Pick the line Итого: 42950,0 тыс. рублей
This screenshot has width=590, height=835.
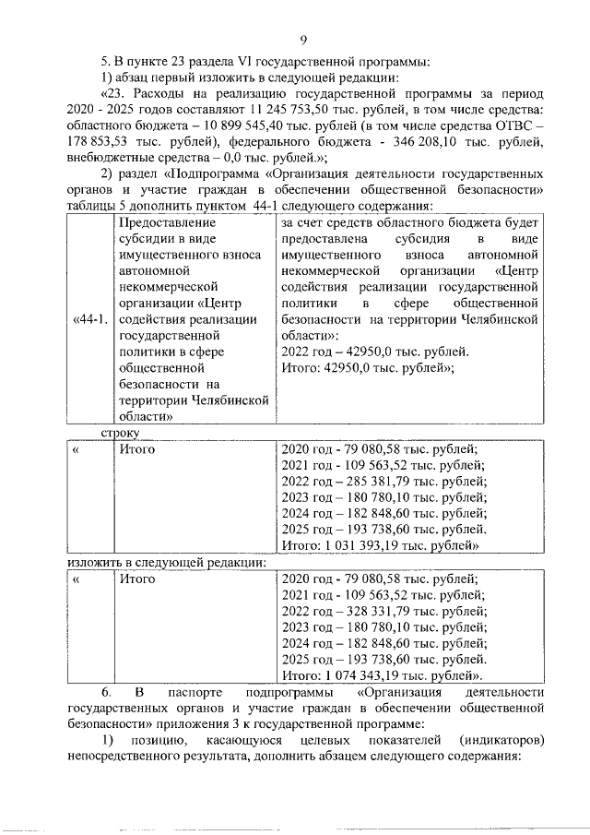click(369, 369)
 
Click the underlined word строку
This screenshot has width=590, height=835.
click(119, 432)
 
